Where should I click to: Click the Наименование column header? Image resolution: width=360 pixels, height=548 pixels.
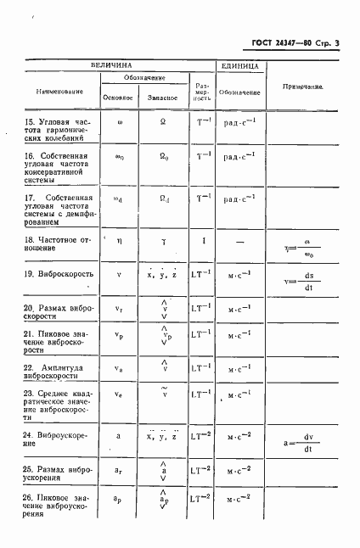coord(59,92)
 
